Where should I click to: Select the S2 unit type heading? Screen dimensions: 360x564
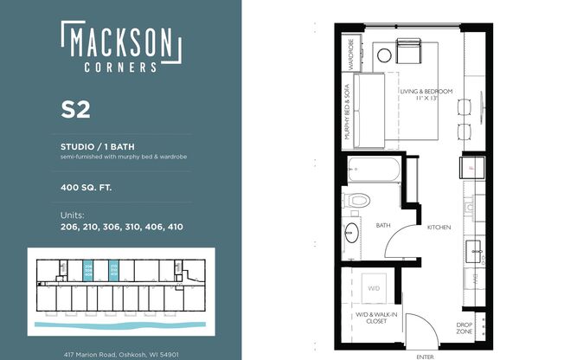pos(76,109)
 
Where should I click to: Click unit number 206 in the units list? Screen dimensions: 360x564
pos(71,227)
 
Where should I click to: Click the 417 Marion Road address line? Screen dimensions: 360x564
pos(121,354)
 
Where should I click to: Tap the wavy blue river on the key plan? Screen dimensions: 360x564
pos(121,326)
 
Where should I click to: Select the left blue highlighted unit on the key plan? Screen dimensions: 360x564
pos(88,268)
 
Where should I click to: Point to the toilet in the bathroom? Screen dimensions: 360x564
pos(356,201)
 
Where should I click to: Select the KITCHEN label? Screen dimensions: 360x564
pos(440,227)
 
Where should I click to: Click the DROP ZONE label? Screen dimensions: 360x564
pos(465,329)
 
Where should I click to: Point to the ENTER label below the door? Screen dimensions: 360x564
pos(424,356)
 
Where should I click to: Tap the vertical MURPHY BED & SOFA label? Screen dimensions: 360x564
pos(347,112)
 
